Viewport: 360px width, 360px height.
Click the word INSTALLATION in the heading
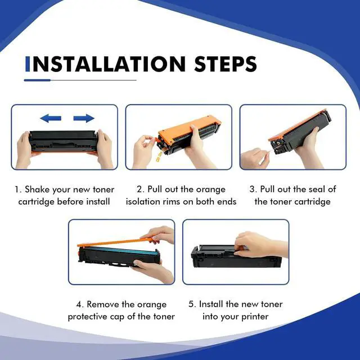105,64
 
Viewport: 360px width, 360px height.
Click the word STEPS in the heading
225,64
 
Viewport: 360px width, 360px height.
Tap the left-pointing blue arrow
51,118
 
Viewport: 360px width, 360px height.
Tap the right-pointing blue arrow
84,118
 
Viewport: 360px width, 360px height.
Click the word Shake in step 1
37,190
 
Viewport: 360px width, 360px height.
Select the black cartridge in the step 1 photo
63,141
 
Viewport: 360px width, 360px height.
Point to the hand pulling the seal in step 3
255,159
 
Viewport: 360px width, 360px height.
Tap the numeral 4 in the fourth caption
79,305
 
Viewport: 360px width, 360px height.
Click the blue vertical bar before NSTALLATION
28,64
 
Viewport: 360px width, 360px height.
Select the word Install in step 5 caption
211,304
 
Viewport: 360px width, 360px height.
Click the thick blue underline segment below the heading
37,80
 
